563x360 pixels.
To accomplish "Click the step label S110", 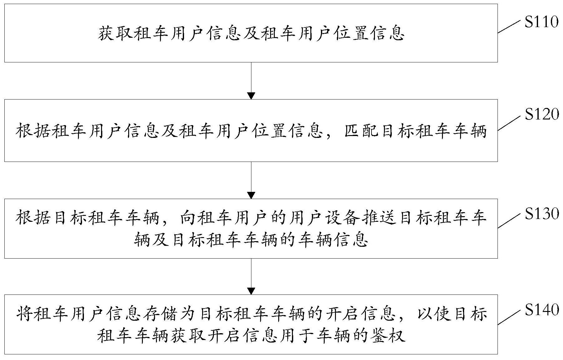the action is (541, 22).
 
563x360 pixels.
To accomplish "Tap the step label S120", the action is (541, 115).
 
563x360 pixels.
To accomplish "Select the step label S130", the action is (541, 214).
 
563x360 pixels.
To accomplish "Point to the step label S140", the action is (541, 310).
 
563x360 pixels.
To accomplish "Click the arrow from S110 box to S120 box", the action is (251, 81).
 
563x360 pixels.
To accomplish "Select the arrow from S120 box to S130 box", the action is (251, 180).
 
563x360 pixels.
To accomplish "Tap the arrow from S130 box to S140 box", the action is (251, 276).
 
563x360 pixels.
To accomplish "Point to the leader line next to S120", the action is (509, 122).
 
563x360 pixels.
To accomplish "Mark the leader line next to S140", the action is (509, 317).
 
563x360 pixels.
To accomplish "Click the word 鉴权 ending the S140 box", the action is (389, 336).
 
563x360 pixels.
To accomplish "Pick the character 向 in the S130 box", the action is (188, 218).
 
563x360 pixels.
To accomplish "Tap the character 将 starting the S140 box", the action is (24, 314).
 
